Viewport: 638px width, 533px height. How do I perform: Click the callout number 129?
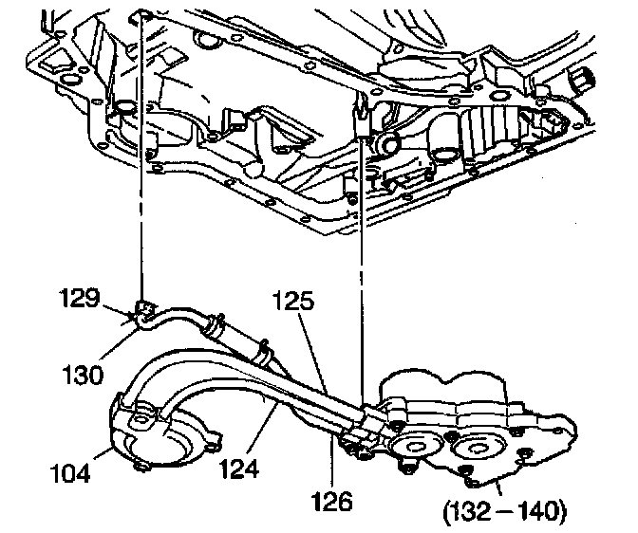coord(81,298)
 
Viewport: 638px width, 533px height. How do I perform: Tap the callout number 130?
coord(83,375)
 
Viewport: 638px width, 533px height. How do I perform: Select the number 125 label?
coord(293,301)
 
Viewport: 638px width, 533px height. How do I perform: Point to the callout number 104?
coord(70,473)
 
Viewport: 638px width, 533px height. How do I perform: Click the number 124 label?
coord(239,469)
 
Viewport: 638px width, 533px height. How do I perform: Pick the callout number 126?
coord(332,501)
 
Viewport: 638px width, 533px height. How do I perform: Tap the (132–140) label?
coord(504,510)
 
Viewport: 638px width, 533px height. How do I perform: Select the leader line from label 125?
coord(312,352)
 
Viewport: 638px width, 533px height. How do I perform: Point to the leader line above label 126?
coord(332,461)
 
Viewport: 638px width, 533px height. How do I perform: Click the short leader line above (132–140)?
coord(500,487)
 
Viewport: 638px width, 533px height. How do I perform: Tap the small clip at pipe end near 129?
coord(142,309)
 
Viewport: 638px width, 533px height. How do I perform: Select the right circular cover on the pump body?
coord(474,448)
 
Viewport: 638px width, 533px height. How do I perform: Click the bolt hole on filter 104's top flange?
coord(142,419)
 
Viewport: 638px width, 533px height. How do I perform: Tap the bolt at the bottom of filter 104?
coord(140,468)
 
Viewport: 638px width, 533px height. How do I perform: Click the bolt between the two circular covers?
coord(450,437)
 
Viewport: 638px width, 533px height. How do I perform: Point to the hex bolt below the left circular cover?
coord(405,469)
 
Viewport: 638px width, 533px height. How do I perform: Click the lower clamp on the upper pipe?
coord(263,352)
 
